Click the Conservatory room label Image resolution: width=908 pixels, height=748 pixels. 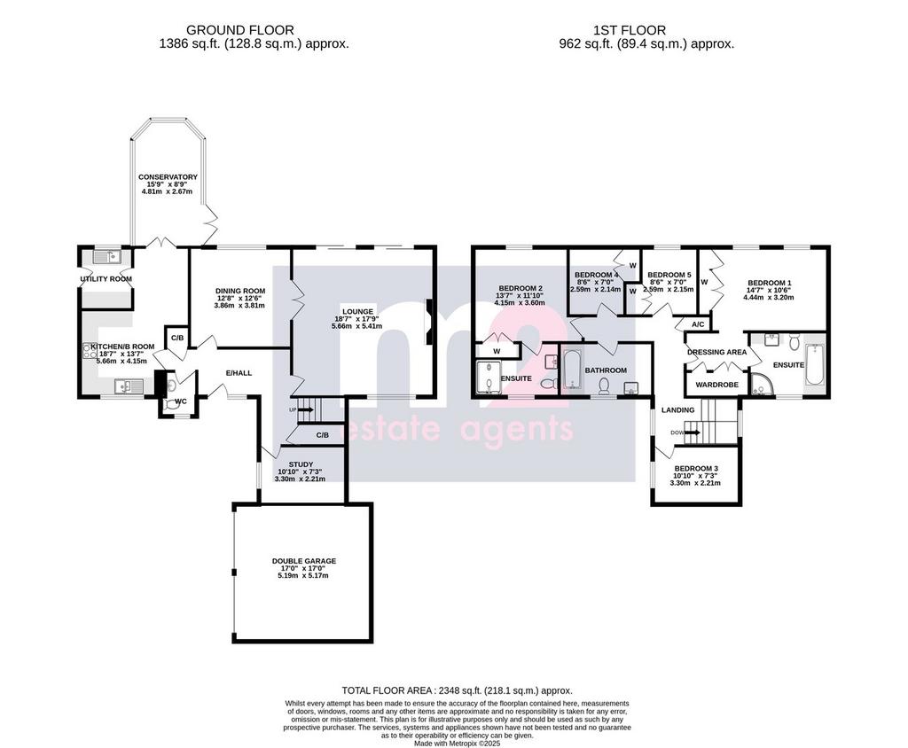click(168, 177)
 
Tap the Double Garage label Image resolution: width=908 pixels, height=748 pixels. click(304, 561)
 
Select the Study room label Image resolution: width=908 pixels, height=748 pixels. click(301, 464)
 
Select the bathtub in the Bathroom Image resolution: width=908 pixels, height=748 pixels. click(572, 369)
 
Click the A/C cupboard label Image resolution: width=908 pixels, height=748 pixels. click(698, 324)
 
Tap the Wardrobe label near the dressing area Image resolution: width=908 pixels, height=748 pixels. click(716, 385)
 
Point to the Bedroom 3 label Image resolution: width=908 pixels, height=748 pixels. click(696, 468)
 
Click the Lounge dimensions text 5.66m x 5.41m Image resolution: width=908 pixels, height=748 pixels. click(357, 326)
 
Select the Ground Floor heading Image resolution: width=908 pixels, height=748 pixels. click(239, 30)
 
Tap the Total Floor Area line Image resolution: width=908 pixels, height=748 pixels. click(457, 690)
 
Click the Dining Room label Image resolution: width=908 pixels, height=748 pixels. click(240, 292)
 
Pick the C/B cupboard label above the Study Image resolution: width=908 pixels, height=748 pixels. click(323, 435)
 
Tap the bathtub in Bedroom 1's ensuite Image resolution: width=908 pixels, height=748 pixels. click(813, 363)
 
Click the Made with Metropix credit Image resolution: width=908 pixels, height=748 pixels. click(457, 744)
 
